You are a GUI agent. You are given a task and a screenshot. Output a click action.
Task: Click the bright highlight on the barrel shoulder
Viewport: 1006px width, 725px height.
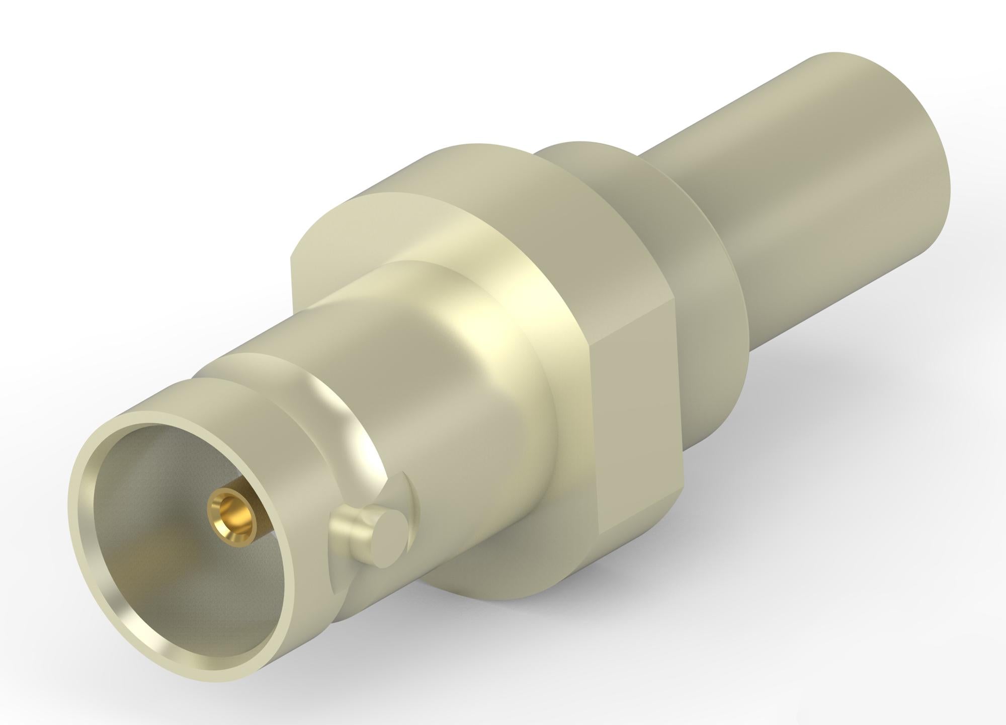click(x=483, y=362)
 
